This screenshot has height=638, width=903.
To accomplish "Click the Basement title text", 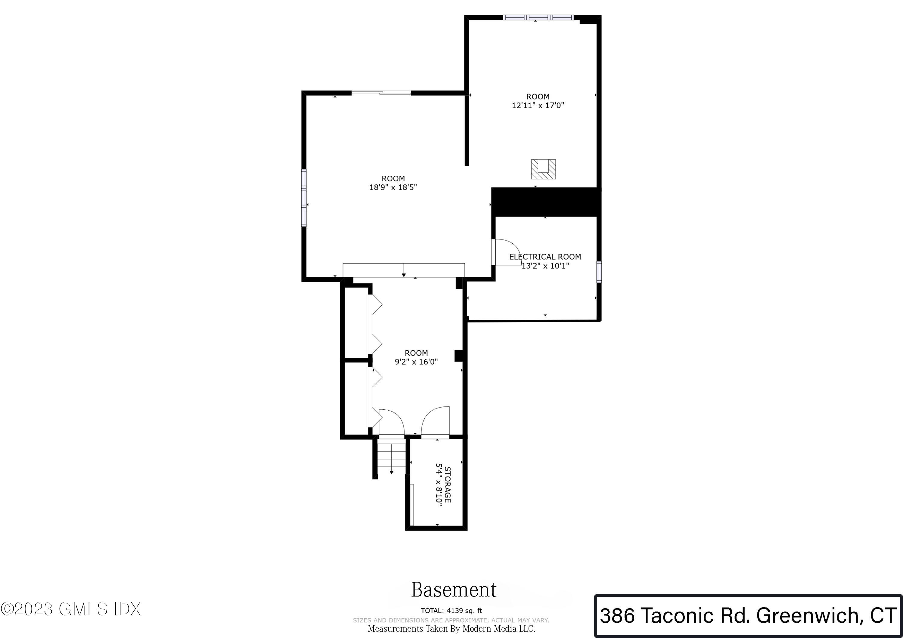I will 454,590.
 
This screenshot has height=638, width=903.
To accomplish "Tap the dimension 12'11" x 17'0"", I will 538,105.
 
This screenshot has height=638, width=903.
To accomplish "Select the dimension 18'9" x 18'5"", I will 393,187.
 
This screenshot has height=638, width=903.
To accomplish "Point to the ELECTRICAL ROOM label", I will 545,257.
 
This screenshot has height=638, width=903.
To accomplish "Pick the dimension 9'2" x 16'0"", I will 416,362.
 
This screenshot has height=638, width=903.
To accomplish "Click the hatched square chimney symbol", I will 543,169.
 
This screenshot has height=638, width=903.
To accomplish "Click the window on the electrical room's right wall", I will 599,272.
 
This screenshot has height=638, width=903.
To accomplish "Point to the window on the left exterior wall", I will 304,197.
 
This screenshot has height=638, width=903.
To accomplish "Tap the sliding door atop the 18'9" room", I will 381,93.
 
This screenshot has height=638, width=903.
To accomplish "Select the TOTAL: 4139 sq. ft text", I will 451,611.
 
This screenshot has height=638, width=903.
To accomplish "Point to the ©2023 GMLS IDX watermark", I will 71,609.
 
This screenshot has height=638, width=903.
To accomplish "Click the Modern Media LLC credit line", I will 451,629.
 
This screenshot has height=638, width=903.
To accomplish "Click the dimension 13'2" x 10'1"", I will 545,266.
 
